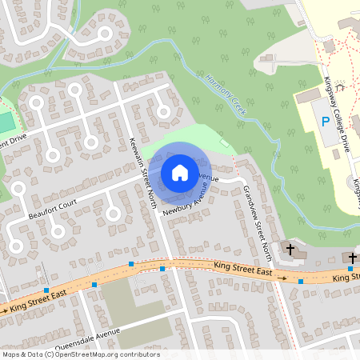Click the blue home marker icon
[x=180, y=172]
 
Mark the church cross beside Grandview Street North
[x=290, y=250]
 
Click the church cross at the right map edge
[x=353, y=258]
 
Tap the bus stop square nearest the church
[x=301, y=281]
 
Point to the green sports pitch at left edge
[x=5, y=122]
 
